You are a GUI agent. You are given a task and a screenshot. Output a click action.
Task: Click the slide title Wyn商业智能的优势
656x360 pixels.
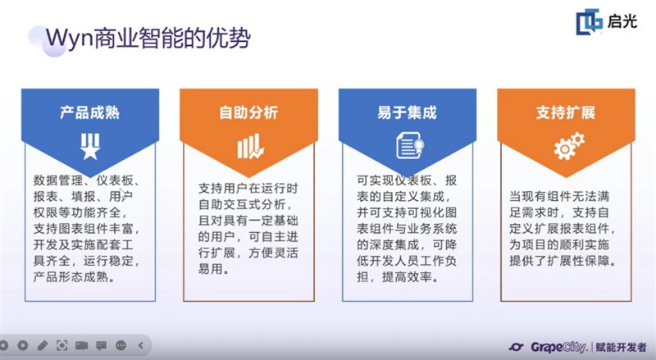(x=147, y=38)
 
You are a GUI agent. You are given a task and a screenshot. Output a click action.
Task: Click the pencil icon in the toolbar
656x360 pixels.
(x=43, y=346)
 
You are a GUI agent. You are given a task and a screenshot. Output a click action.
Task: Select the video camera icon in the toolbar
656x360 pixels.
(x=81, y=346)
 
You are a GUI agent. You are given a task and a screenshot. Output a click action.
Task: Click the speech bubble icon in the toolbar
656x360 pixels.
(x=101, y=346)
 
